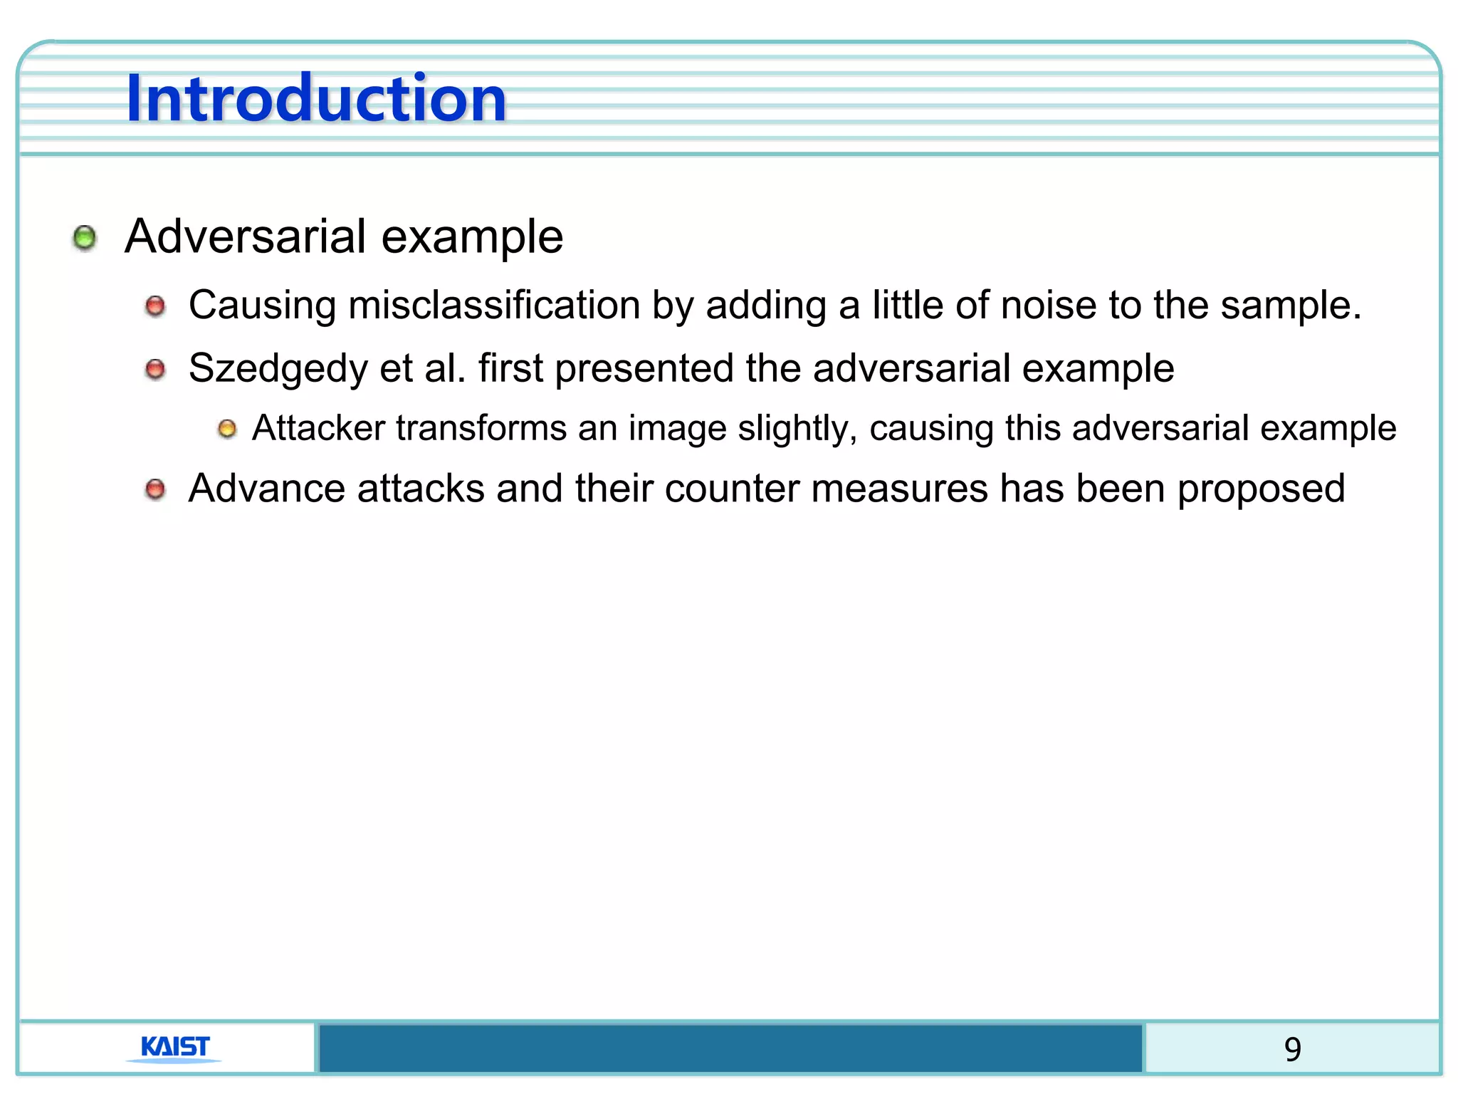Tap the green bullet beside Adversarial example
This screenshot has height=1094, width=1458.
[85, 237]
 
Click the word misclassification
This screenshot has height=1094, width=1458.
[494, 306]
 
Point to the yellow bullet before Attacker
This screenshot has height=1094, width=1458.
[227, 429]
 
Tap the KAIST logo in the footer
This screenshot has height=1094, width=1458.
[175, 1048]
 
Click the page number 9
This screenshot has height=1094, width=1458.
[1292, 1049]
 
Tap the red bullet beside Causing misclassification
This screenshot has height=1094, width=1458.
[155, 307]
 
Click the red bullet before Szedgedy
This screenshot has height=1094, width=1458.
[155, 370]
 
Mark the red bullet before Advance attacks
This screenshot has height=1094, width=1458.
[155, 489]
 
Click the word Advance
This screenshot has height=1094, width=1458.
[266, 489]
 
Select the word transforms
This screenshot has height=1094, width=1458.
[481, 428]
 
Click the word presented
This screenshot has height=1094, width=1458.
[644, 369]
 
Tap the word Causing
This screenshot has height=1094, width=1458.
[262, 306]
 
